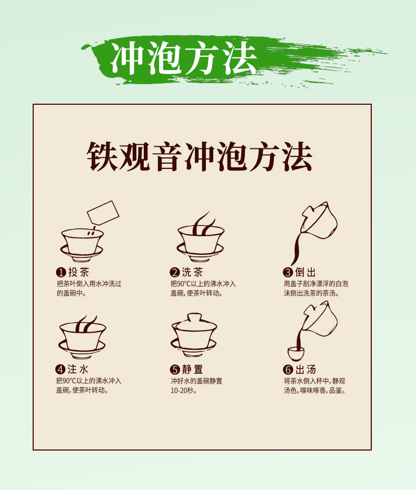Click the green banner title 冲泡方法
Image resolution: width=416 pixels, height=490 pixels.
click(x=184, y=58)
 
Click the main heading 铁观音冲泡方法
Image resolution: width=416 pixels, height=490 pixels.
click(x=200, y=156)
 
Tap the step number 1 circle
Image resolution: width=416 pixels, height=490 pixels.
click(x=61, y=273)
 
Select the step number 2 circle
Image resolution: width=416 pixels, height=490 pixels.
click(x=175, y=273)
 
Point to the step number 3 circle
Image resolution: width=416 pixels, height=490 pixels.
click(x=288, y=273)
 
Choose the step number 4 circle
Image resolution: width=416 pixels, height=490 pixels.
click(x=61, y=369)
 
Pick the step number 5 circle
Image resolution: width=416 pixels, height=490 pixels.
click(x=175, y=369)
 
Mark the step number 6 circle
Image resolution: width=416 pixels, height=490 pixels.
click(x=288, y=369)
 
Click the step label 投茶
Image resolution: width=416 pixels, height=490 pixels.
click(x=79, y=272)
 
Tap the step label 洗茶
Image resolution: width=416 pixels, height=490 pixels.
click(x=192, y=272)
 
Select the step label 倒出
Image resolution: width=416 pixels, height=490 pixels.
click(x=305, y=272)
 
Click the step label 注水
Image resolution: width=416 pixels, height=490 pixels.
click(x=78, y=369)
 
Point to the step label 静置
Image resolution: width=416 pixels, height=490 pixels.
click(x=193, y=369)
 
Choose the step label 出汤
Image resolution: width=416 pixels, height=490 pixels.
click(x=305, y=369)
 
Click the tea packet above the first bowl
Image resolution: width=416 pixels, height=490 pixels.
click(x=103, y=213)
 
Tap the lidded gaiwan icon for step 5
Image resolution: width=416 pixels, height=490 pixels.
click(x=194, y=335)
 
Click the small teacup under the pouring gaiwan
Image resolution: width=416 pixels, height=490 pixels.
click(x=295, y=354)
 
